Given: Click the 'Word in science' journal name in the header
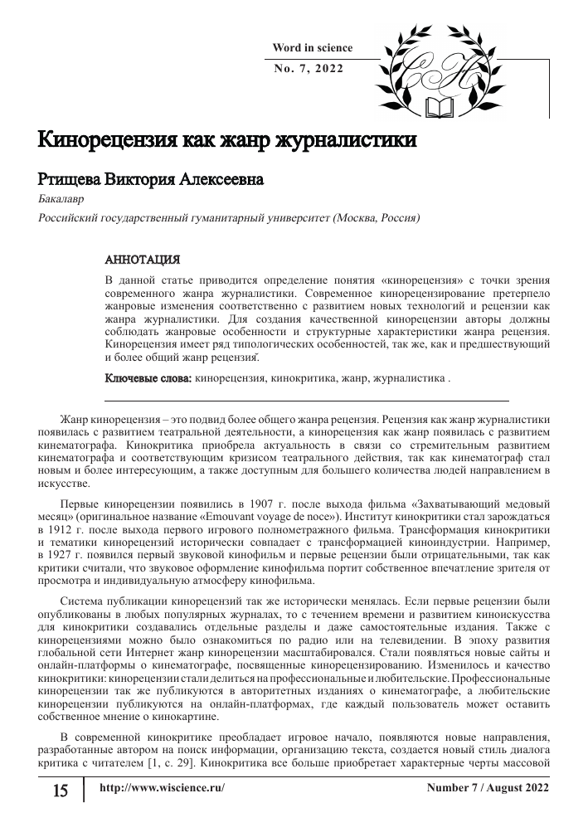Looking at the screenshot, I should coord(313,48).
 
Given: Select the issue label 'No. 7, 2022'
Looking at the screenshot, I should coord(308,68).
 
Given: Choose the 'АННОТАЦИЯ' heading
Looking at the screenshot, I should coord(142,259).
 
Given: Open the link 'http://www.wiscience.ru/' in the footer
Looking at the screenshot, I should coord(162,787).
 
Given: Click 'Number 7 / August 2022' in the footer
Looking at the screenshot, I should coord(487,787).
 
